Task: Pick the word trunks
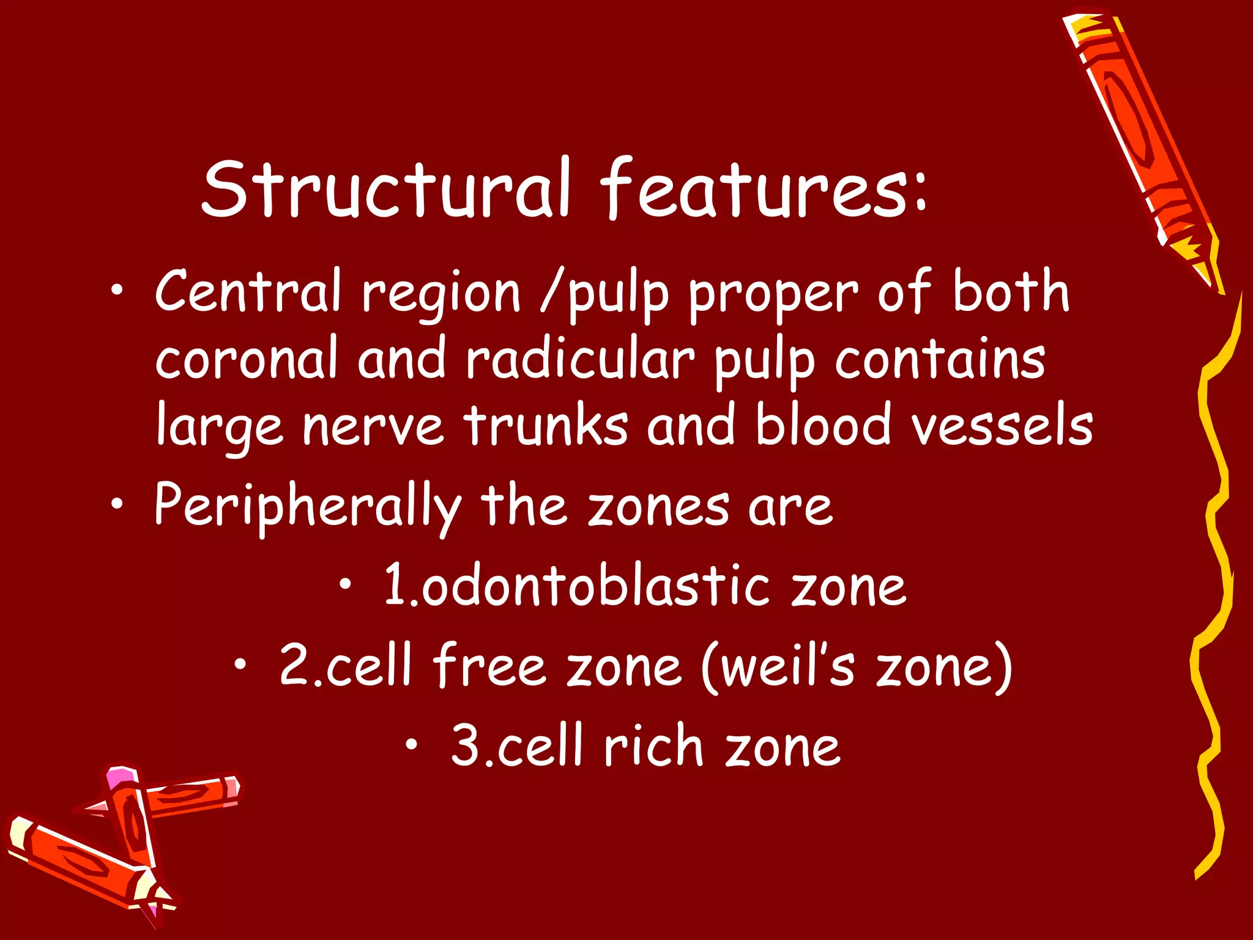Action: pyautogui.click(x=545, y=425)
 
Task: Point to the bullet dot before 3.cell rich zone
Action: pyautogui.click(x=413, y=744)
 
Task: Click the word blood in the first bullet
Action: pyautogui.click(x=823, y=425)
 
